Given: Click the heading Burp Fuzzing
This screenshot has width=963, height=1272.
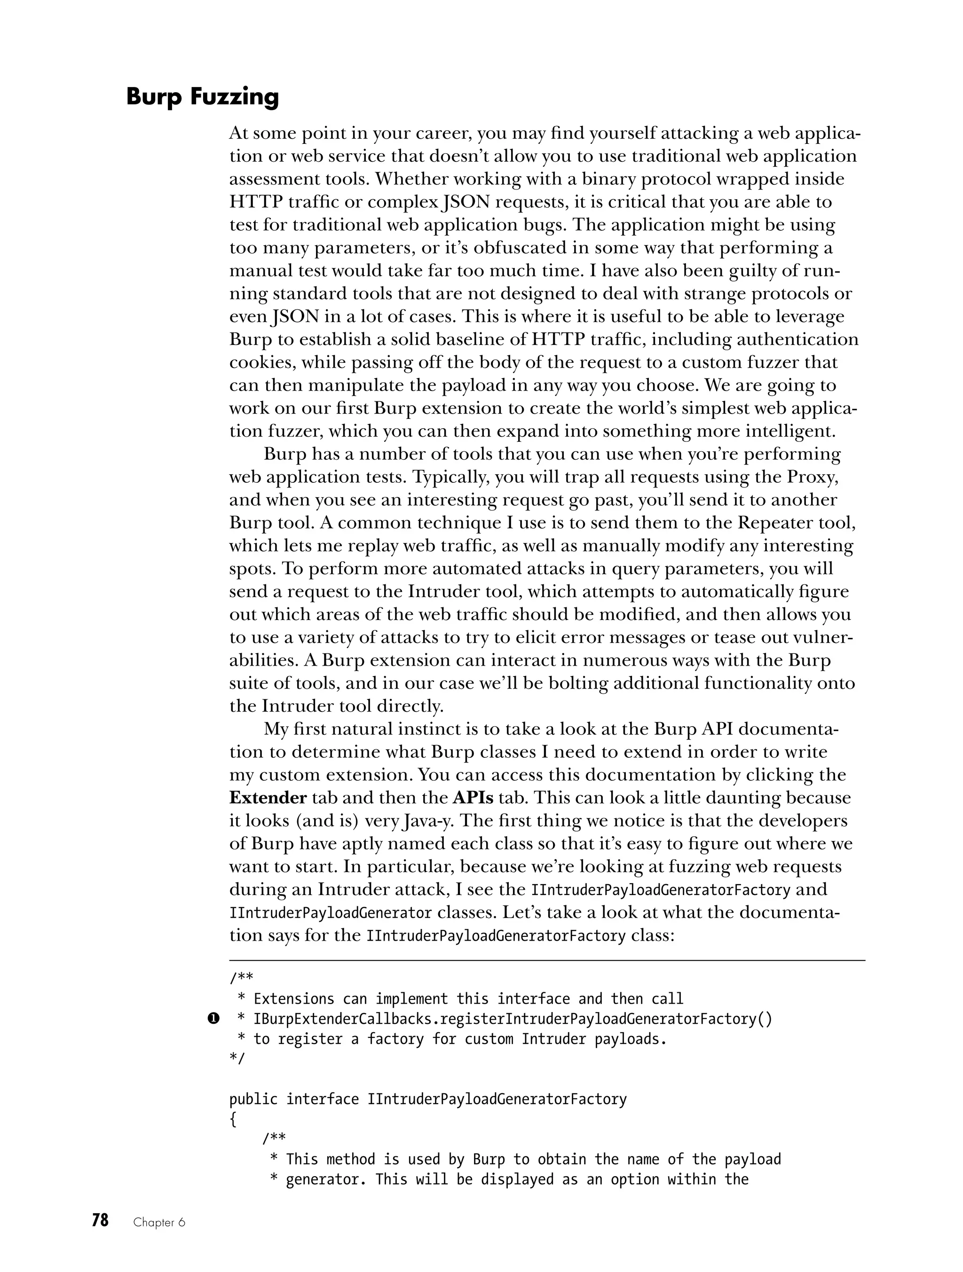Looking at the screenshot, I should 203,97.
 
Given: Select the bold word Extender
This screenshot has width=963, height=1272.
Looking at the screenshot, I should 268,798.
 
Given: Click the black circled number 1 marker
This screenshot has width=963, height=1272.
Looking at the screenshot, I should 213,1019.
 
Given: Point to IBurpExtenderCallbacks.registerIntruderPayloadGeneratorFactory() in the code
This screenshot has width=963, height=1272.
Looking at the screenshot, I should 513,1019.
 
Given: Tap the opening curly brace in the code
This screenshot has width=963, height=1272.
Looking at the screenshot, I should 233,1119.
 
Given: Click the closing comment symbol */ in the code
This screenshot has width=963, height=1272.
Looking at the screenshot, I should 237,1059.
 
